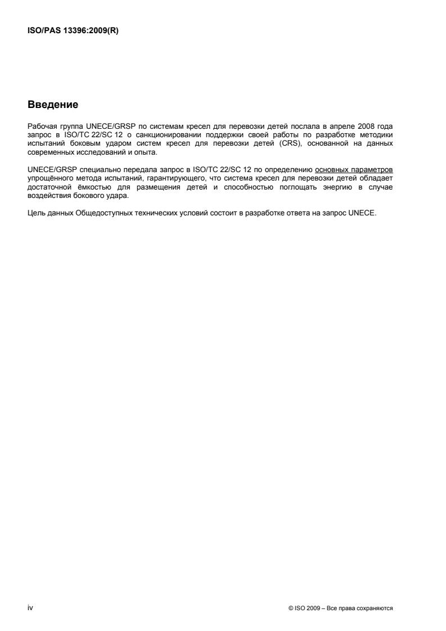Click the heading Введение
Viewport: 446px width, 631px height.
pyautogui.click(x=52, y=105)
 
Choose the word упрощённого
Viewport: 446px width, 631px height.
pyautogui.click(x=49, y=163)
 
